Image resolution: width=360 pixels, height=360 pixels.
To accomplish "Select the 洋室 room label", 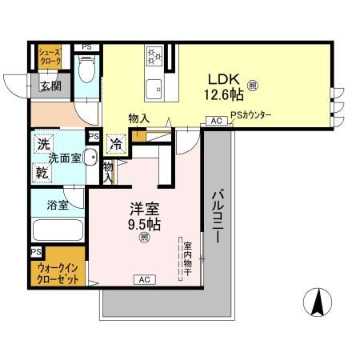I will tap(145, 208).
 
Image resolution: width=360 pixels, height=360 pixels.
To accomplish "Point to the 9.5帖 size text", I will tap(145, 225).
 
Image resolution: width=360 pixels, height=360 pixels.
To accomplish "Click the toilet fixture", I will tap(87, 75).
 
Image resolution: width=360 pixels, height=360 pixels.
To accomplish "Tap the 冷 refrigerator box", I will tap(116, 145).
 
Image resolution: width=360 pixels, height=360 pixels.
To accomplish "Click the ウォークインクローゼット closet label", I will tap(58, 276).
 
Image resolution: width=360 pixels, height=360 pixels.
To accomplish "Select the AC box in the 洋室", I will tap(145, 279).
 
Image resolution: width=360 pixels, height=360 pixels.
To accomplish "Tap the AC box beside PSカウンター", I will tap(215, 121).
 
